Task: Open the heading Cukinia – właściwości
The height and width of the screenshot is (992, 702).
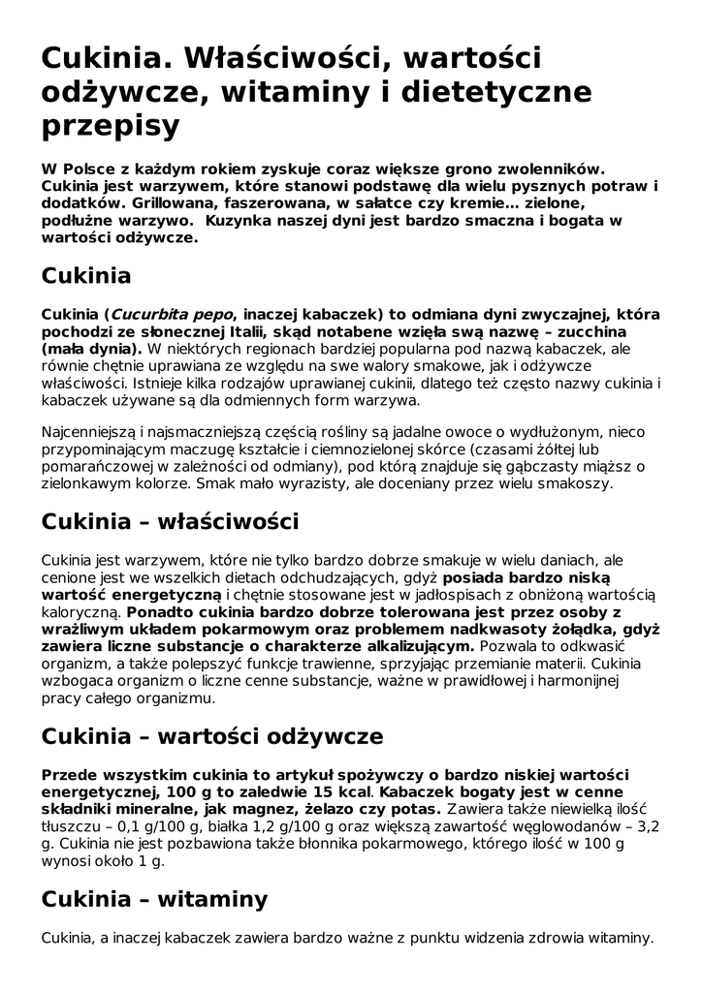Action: [x=170, y=521]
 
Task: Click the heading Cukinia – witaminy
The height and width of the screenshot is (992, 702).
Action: [x=154, y=899]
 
